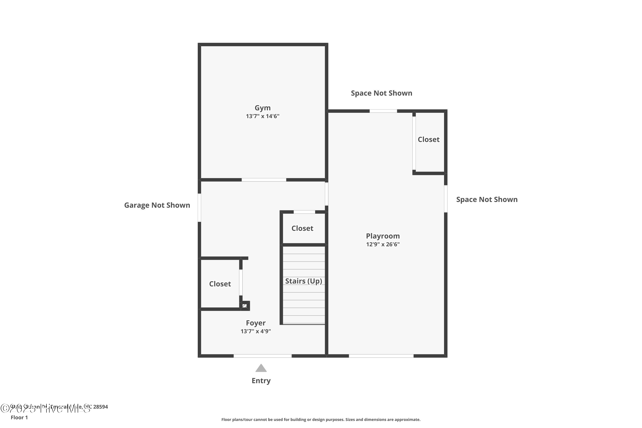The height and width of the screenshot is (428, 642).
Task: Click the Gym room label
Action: click(x=262, y=108)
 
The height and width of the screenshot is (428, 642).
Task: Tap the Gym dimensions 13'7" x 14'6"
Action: click(x=262, y=116)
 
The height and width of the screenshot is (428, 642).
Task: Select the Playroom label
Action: click(x=383, y=236)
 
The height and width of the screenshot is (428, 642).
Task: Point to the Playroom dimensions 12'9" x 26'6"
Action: click(x=383, y=244)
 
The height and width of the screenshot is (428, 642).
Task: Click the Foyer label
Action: click(x=256, y=323)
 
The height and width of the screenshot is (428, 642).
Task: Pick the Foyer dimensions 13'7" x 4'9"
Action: click(x=256, y=331)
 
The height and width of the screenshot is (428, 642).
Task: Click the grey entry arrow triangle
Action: click(x=261, y=368)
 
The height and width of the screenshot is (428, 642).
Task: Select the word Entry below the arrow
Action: click(x=261, y=380)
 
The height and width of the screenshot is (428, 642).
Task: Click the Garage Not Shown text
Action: click(x=157, y=205)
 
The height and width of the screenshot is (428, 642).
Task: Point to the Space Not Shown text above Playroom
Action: click(x=381, y=93)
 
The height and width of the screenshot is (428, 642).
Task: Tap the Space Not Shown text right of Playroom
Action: click(x=487, y=199)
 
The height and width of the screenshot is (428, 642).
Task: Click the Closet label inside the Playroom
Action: click(x=429, y=140)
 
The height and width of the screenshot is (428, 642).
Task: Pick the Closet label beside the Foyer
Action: click(x=220, y=284)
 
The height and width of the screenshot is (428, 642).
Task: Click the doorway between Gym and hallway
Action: click(x=264, y=180)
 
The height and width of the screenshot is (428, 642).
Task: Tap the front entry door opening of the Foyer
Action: click(x=262, y=356)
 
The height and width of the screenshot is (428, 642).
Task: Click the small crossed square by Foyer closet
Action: click(x=245, y=306)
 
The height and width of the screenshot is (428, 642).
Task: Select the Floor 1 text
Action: click(x=19, y=417)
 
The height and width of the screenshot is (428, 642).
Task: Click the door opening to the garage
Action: click(x=199, y=207)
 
